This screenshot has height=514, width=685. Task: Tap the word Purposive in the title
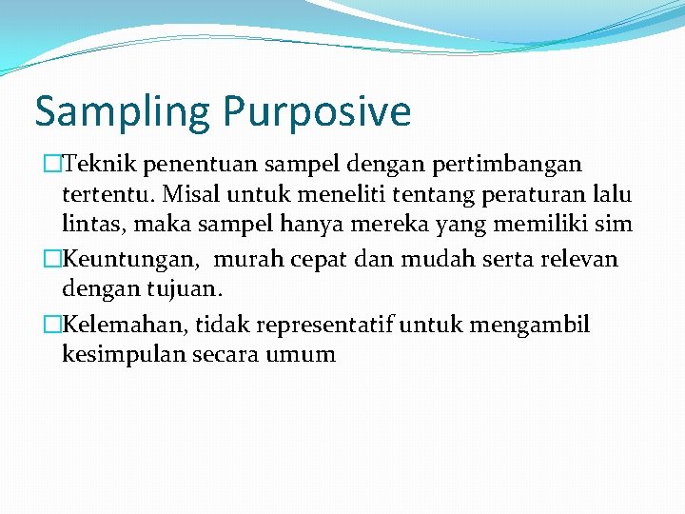[318, 112]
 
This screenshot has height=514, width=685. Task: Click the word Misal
[190, 194]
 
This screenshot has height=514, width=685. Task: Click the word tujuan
[188, 288]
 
